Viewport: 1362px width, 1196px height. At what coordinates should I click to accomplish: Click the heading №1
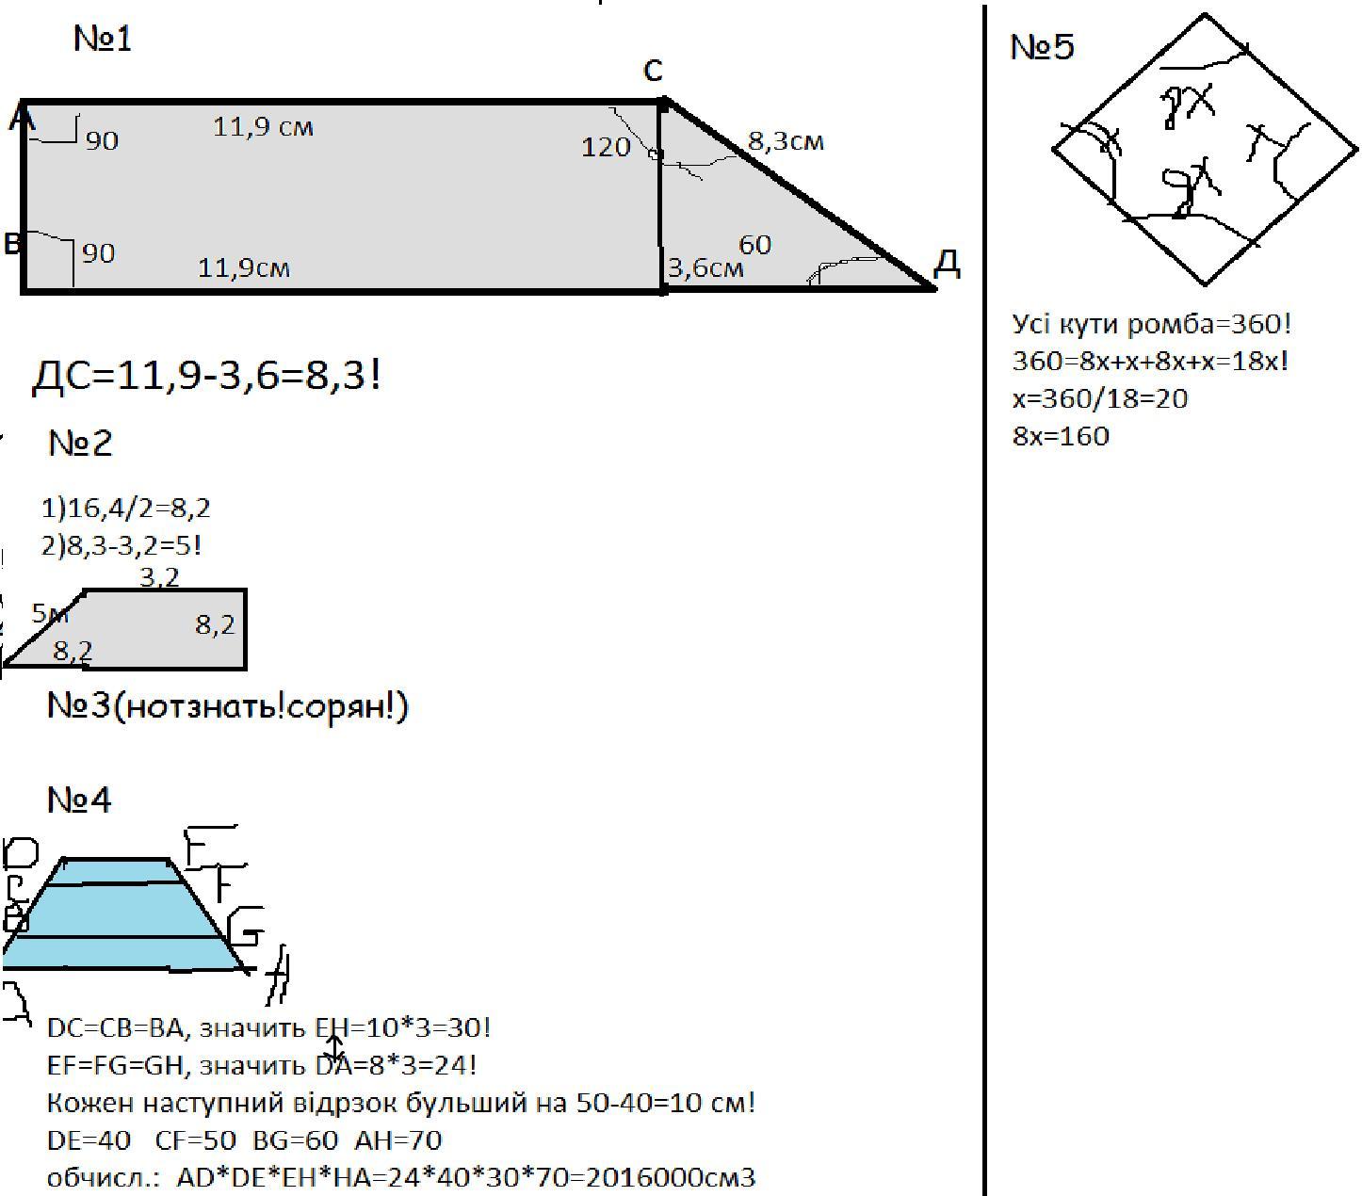click(103, 40)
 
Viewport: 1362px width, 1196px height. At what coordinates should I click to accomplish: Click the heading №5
click(1041, 47)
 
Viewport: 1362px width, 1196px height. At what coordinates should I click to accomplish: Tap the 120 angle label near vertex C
click(606, 147)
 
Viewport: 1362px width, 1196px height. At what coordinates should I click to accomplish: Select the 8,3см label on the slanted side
click(786, 141)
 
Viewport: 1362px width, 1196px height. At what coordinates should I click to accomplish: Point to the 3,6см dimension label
click(705, 268)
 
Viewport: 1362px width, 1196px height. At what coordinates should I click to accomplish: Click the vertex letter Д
click(947, 265)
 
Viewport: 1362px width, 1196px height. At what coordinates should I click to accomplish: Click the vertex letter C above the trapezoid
click(653, 70)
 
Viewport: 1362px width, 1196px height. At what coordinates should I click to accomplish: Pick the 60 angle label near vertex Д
click(754, 245)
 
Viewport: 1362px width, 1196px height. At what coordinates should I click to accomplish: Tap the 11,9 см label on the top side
click(263, 126)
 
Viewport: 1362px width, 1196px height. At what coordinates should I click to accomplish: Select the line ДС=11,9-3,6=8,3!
click(207, 377)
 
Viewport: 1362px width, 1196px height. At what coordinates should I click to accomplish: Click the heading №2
click(80, 443)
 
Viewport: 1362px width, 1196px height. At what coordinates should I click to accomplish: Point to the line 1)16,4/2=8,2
click(126, 509)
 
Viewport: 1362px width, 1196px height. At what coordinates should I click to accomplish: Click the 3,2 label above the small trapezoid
click(159, 576)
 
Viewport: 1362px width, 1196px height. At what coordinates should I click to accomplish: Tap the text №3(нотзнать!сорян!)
click(228, 706)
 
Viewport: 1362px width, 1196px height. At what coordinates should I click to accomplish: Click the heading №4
click(79, 800)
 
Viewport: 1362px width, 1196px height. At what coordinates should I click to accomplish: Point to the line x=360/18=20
click(1100, 399)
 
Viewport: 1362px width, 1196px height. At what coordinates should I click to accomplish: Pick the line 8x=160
click(1061, 437)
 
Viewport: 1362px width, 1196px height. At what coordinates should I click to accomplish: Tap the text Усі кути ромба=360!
click(1152, 325)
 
